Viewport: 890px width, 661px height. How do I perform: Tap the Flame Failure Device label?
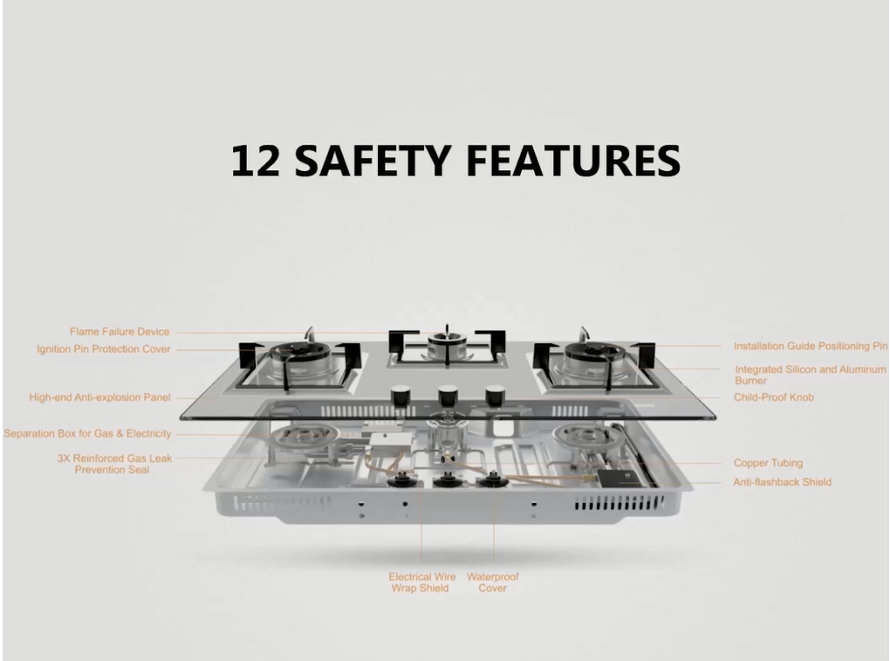point(120,332)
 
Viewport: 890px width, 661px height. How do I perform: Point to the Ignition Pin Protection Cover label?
point(103,349)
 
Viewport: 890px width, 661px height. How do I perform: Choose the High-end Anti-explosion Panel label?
point(99,397)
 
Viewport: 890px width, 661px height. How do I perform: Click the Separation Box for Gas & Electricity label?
point(87,434)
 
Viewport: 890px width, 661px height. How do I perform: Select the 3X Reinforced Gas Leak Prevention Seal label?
point(114,464)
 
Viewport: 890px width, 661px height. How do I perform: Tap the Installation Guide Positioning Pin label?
point(811,347)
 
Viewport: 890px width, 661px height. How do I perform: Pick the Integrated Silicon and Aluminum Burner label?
point(810,375)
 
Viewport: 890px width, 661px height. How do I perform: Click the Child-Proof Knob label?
point(774,397)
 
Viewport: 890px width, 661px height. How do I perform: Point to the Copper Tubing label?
point(768,463)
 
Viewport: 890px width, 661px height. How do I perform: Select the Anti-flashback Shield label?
point(782,482)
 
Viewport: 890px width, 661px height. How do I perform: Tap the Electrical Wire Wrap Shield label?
point(421,582)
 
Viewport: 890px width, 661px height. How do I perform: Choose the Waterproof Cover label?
point(493,582)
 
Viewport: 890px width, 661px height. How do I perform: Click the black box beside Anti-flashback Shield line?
point(619,479)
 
